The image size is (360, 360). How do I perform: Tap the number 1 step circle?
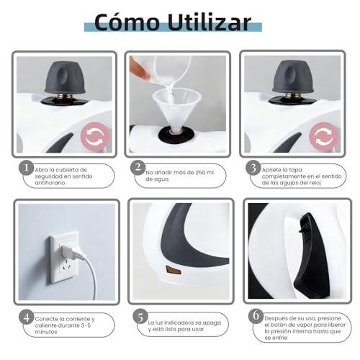coord(26,168)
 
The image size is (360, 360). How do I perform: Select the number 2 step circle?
coord(138,168)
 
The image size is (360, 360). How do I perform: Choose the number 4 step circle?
coord(26,317)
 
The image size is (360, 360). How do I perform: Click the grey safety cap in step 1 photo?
coord(66,76)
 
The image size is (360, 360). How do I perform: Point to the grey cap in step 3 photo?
coord(293,76)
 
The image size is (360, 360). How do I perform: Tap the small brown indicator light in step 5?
coord(174,269)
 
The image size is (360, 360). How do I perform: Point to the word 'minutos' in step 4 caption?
coord(50,333)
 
